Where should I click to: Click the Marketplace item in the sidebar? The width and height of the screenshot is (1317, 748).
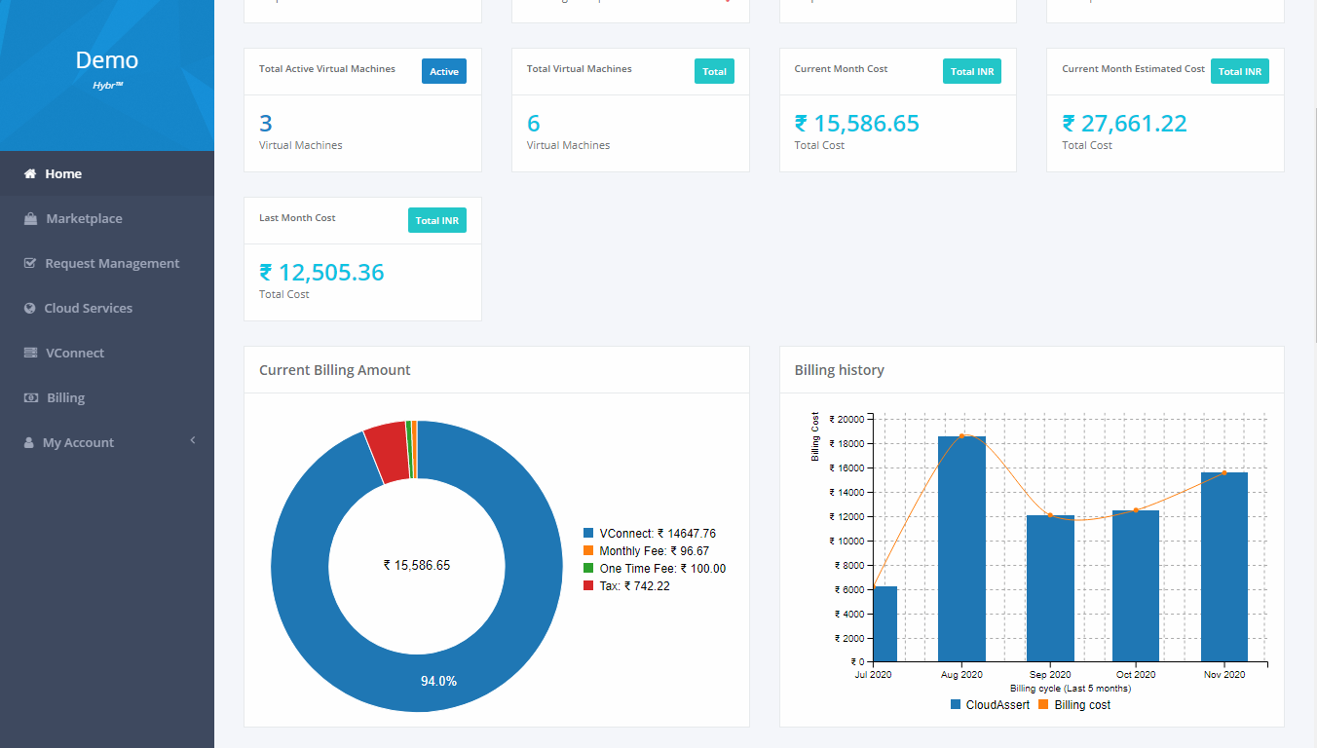(84, 219)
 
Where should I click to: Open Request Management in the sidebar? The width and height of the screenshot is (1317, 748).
(112, 264)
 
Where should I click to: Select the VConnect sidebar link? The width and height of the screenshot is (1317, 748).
(74, 354)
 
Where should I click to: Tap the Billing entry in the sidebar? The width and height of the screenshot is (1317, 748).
(65, 398)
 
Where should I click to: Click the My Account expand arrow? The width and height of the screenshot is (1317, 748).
(193, 441)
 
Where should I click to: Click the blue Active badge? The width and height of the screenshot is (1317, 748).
(443, 71)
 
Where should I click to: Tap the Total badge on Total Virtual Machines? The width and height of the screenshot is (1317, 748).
(714, 71)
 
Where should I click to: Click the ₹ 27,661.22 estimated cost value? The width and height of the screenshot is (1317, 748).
(1124, 124)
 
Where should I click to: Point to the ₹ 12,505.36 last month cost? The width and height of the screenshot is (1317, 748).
(321, 273)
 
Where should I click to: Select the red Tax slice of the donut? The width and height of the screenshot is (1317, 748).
(386, 453)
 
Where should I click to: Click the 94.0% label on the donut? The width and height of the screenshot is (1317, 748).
(438, 681)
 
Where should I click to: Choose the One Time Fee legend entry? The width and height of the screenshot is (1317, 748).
(661, 569)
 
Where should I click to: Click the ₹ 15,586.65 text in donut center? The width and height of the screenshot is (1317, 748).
(417, 565)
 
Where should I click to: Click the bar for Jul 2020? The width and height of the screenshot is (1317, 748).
(884, 623)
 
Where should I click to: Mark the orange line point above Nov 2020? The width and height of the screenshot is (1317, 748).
(1224, 473)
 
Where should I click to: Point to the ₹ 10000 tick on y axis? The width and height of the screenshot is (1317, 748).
(849, 542)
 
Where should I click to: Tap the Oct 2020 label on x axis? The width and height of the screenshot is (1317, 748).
(1136, 674)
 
